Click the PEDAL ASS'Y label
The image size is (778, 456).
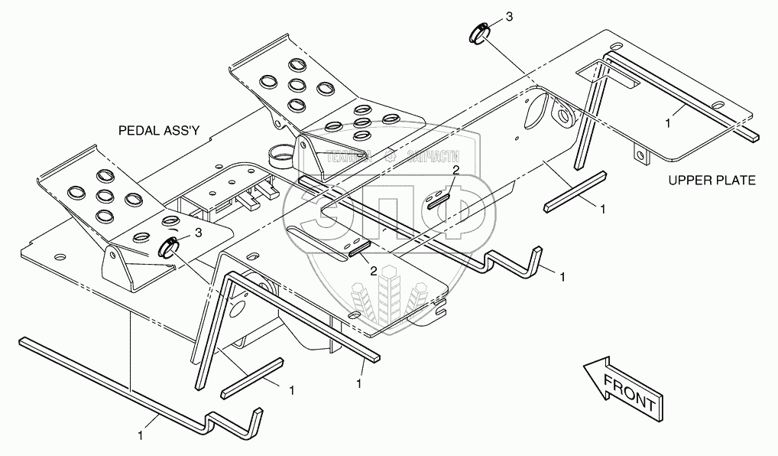coord(159,131)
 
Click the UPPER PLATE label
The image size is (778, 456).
coord(712,181)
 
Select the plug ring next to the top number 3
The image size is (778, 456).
coord(478,33)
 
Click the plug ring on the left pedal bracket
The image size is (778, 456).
coord(167,247)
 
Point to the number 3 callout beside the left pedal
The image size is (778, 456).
coord(199,231)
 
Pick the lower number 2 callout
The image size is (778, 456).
coord(374,270)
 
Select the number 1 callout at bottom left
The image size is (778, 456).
coord(141,435)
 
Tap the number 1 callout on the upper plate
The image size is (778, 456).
coord(667,122)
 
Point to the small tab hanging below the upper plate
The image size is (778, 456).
coord(642,156)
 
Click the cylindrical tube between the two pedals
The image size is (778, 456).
coord(282,158)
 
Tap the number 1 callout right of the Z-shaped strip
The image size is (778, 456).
coord(562,275)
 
